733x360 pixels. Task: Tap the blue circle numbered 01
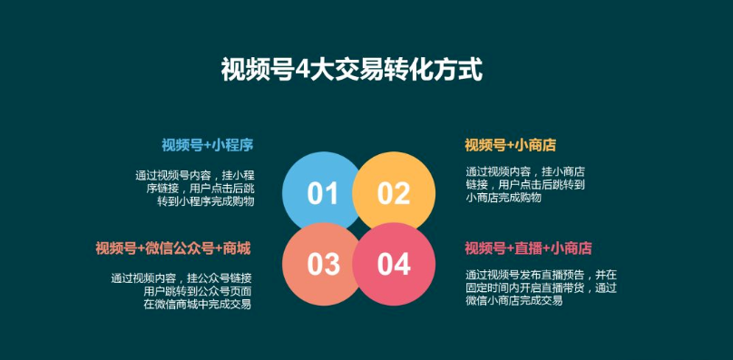coord(322,192)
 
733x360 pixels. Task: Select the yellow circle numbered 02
coord(393,192)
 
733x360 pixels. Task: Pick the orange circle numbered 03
coord(322,264)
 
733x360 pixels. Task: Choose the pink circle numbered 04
coord(393,264)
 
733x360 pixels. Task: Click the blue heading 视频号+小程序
coord(207,145)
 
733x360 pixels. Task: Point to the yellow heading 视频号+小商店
coord(510,145)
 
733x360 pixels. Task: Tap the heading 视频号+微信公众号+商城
coord(173,248)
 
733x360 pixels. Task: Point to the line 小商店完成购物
coord(503,197)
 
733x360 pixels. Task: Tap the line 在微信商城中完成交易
coord(197,304)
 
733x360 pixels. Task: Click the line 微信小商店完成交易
coord(513,300)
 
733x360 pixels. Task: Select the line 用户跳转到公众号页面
coord(198,290)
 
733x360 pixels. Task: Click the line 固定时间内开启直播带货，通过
coord(541,287)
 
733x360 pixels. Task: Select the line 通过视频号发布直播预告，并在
coord(541,274)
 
